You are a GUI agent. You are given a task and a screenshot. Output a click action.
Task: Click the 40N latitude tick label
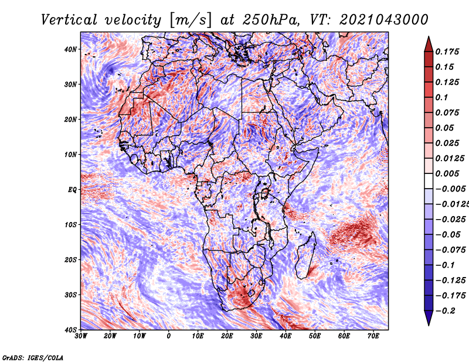coord(70,49)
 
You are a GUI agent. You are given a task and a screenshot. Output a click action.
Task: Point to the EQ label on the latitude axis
coord(72,190)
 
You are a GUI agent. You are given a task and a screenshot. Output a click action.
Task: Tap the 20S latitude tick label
coord(70,259)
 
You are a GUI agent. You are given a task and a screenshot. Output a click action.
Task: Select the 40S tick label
coord(70,330)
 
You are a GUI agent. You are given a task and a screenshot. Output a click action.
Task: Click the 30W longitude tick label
coord(81,336)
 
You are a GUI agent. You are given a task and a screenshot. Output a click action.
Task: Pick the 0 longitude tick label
coord(169,336)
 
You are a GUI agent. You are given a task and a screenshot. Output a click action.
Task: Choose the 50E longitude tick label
coord(315,336)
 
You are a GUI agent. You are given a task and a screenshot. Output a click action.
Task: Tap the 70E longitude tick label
coord(373,336)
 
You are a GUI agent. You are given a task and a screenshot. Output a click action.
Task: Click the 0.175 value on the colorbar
coord(447,52)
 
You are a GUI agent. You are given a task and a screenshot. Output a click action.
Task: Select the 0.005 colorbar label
coord(447,173)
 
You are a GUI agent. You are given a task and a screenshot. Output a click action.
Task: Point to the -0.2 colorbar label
coord(445,311)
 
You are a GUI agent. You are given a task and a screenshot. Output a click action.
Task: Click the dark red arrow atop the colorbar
coord(429,45)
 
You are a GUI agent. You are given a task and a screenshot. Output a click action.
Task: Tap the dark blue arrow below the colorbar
coord(429,318)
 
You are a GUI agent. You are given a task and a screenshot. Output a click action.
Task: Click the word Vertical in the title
coord(69,20)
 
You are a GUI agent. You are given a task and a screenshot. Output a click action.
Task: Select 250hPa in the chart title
coord(271,20)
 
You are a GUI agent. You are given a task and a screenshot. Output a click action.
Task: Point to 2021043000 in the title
coord(384,20)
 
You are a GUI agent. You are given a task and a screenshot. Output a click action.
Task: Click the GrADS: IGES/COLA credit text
coord(33,358)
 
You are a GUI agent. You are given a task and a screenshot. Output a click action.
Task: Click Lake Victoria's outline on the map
coord(265,193)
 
